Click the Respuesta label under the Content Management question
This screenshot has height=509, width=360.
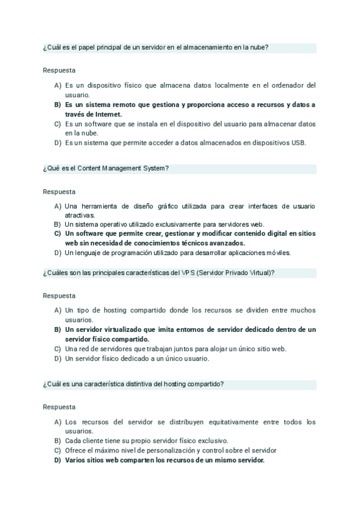[x=59, y=192]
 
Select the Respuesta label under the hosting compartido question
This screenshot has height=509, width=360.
[x=59, y=407]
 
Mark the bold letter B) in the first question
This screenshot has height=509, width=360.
[x=58, y=104]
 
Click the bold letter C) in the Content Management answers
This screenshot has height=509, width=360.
[x=58, y=233]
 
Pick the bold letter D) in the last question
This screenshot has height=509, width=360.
[x=58, y=460]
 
